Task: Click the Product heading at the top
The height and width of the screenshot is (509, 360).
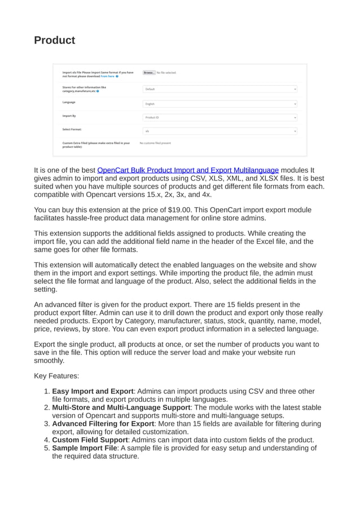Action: (x=54, y=40)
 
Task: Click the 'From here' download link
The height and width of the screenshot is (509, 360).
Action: (x=107, y=76)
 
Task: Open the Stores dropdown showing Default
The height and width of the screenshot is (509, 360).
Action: (x=219, y=89)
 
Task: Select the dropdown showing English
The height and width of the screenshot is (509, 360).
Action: (x=219, y=104)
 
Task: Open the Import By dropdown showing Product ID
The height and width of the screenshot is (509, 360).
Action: (x=219, y=117)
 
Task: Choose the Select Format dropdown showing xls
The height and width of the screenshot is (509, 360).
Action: (x=219, y=131)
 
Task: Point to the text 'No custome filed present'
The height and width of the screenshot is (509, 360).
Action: (x=155, y=143)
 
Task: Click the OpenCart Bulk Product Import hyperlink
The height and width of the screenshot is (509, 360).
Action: (x=188, y=170)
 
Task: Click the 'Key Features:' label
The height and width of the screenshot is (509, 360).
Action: (x=56, y=375)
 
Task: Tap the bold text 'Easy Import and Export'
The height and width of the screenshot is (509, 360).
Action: (x=93, y=391)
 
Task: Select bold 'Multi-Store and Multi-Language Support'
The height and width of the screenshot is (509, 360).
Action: (x=121, y=407)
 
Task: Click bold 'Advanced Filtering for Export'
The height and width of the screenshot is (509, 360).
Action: (x=103, y=424)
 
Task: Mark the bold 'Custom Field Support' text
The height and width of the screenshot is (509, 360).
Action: (x=90, y=440)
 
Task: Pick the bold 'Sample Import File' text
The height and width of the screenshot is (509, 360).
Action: (x=85, y=448)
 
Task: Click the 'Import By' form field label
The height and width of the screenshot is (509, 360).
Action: (x=69, y=116)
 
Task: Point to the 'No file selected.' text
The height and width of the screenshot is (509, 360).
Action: (x=166, y=73)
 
